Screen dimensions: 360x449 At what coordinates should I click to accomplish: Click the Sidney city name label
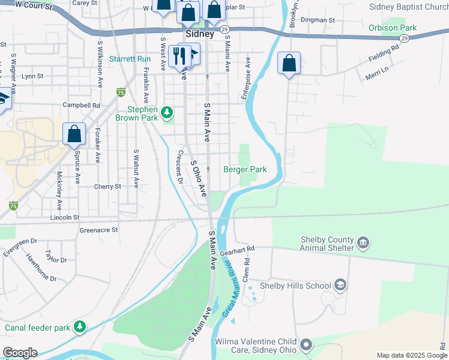pyautogui.click(x=200, y=34)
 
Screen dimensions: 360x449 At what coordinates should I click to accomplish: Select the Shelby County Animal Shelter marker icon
pyautogui.click(x=363, y=243)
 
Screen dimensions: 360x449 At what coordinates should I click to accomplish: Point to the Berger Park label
pyautogui.click(x=245, y=170)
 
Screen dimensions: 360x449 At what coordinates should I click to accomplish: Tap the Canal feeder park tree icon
pyautogui.click(x=79, y=327)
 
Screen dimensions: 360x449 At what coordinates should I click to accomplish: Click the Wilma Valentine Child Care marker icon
pyautogui.click(x=306, y=345)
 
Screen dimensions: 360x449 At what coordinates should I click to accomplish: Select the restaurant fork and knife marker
pyautogui.click(x=179, y=56)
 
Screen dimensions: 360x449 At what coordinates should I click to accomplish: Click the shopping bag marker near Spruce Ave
pyautogui.click(x=74, y=134)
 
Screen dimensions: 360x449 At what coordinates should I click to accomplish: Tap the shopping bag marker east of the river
pyautogui.click(x=289, y=64)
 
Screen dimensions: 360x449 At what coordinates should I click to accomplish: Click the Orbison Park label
pyautogui.click(x=393, y=28)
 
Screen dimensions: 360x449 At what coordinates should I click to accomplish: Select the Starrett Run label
pyautogui.click(x=130, y=59)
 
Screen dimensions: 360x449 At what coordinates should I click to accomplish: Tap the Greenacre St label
pyautogui.click(x=98, y=230)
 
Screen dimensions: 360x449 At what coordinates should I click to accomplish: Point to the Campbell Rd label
pyautogui.click(x=81, y=105)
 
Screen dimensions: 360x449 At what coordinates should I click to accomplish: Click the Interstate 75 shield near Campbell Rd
pyautogui.click(x=121, y=92)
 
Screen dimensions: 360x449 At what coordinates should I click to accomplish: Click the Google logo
pyautogui.click(x=20, y=353)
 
